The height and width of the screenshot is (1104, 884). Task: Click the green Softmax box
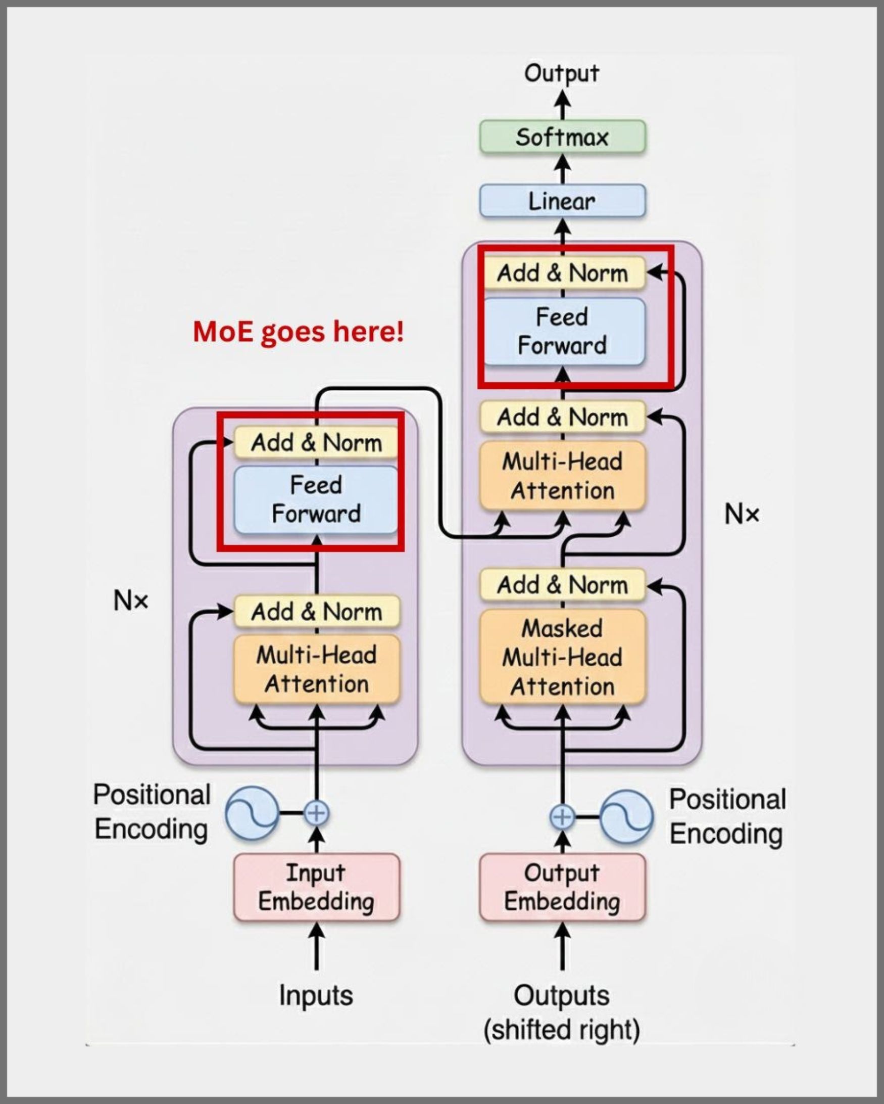[x=562, y=136]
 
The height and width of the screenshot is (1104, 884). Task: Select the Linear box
[x=562, y=201]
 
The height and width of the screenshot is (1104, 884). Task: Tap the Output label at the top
[x=561, y=73]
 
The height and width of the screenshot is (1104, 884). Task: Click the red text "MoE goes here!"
[x=298, y=331]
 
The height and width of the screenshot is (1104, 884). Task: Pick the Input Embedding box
[x=316, y=887]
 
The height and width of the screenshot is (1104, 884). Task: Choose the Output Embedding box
[x=562, y=887]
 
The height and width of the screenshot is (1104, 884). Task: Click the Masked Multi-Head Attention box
[x=562, y=657]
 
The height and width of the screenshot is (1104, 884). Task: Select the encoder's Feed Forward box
[x=316, y=499]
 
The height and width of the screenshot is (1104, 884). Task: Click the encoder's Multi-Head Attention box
[x=316, y=669]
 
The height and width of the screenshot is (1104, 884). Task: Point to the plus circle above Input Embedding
[x=316, y=813]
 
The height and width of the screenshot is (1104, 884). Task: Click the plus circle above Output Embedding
[x=562, y=816]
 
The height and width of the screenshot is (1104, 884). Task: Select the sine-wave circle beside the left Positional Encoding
[x=252, y=813]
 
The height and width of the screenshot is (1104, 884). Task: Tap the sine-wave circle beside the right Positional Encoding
[x=626, y=817]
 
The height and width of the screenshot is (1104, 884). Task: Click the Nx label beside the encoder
[x=130, y=600]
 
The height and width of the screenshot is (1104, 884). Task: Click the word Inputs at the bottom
[x=316, y=995]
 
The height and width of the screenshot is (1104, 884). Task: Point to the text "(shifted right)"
[x=562, y=1030]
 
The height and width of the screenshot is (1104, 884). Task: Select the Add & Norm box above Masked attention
[x=562, y=585]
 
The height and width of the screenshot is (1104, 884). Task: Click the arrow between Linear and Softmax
[x=563, y=168]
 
